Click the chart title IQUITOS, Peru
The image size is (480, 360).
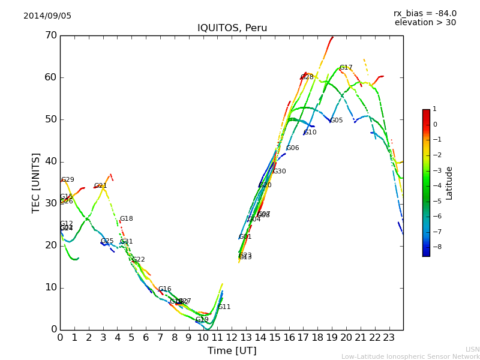pos(232,28)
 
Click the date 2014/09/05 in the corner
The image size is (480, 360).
pos(47,16)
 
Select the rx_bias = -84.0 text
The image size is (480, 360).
pos(425,13)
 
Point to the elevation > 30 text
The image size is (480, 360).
pos(425,23)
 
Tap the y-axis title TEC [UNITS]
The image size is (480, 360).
pos(36,182)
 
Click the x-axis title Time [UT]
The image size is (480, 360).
pos(232,351)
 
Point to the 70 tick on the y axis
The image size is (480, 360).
pos(50,35)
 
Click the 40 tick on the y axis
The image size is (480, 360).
pos(50,161)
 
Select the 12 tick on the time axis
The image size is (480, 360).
pos(232,338)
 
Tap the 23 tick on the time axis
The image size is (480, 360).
pos(389,338)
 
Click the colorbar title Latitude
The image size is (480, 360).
pos(449,183)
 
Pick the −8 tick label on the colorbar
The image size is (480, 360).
pos(434,246)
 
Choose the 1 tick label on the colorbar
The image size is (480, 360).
pos(434,109)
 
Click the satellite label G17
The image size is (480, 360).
pos(346,68)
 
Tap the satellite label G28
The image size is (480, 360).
pos(307,77)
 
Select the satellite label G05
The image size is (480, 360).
pos(337,121)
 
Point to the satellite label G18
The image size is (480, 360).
pos(127,219)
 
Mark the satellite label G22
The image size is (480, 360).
pos(139,260)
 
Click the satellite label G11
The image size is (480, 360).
pos(224,307)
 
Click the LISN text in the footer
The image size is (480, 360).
pos(473,349)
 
